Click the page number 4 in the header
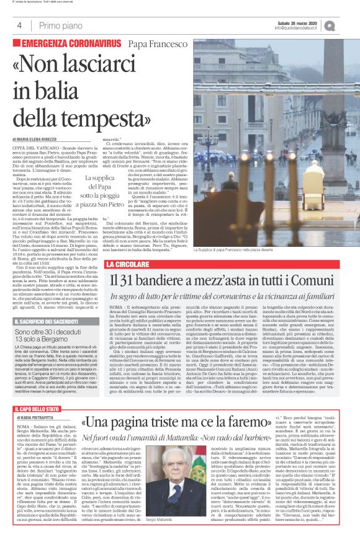pyautogui.click(x=19, y=25)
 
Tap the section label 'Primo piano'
pyautogui.click(x=56, y=25)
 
